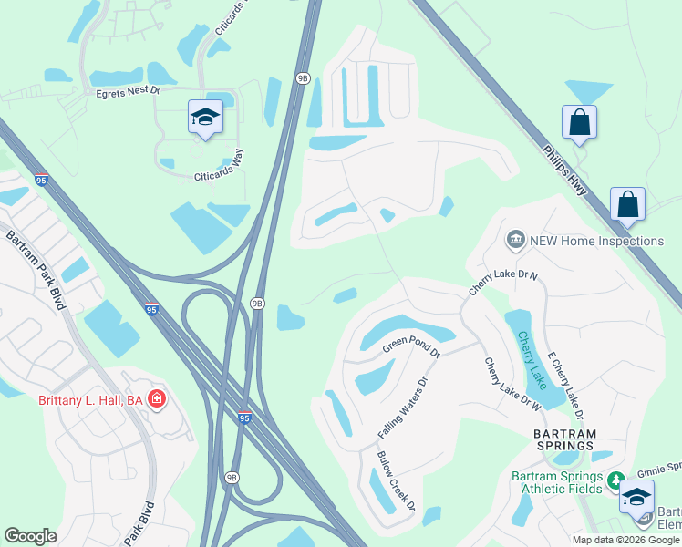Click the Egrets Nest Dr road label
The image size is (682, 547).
(128, 91)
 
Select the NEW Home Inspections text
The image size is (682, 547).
(597, 241)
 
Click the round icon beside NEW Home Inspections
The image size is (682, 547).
(515, 241)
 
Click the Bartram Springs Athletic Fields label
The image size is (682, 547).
(556, 482)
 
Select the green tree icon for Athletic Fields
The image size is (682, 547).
(616, 480)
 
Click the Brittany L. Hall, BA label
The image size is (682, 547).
(90, 400)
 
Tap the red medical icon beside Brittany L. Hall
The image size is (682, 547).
(157, 399)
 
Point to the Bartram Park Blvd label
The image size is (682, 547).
(36, 271)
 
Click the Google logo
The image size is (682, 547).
(31, 536)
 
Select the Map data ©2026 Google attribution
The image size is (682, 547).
(625, 540)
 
